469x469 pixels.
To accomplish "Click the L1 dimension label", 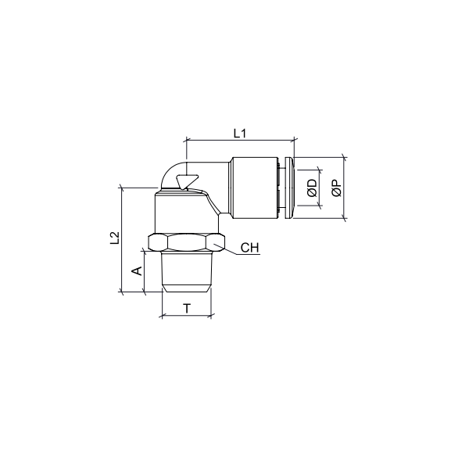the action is coord(240,133).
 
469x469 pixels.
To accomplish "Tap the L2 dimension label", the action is coord(115,238).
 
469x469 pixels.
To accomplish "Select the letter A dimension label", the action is coord(137,271).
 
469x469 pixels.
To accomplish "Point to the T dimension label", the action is coord(187,308).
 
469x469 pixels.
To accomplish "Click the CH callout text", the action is coord(250,248).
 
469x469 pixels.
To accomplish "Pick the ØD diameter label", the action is coord(312,188).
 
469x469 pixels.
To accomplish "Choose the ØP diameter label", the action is coord(336,188).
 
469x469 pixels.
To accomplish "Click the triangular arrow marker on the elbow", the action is coord(187,181).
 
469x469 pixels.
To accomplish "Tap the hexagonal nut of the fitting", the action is coord(186,242).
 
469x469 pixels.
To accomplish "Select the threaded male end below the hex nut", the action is coord(186,271).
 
